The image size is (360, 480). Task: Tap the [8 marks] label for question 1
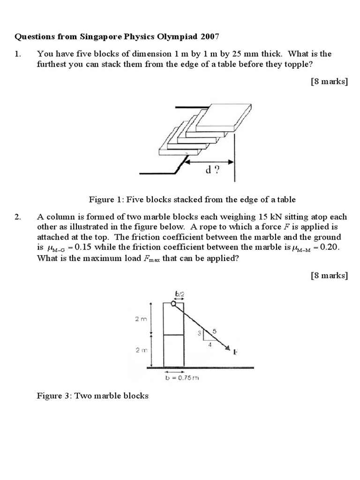click(329, 81)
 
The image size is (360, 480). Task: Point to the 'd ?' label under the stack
click(212, 171)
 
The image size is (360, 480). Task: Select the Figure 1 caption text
click(192, 199)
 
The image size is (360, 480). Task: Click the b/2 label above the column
click(180, 295)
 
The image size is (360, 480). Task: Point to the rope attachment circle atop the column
click(174, 304)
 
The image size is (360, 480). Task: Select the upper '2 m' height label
click(141, 319)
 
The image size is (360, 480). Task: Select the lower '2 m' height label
click(141, 350)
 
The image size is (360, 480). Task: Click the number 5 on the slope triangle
click(215, 331)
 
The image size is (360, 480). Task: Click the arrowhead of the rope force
click(228, 348)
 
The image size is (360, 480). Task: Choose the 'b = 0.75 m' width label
click(180, 377)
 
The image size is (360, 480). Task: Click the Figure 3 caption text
click(93, 396)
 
